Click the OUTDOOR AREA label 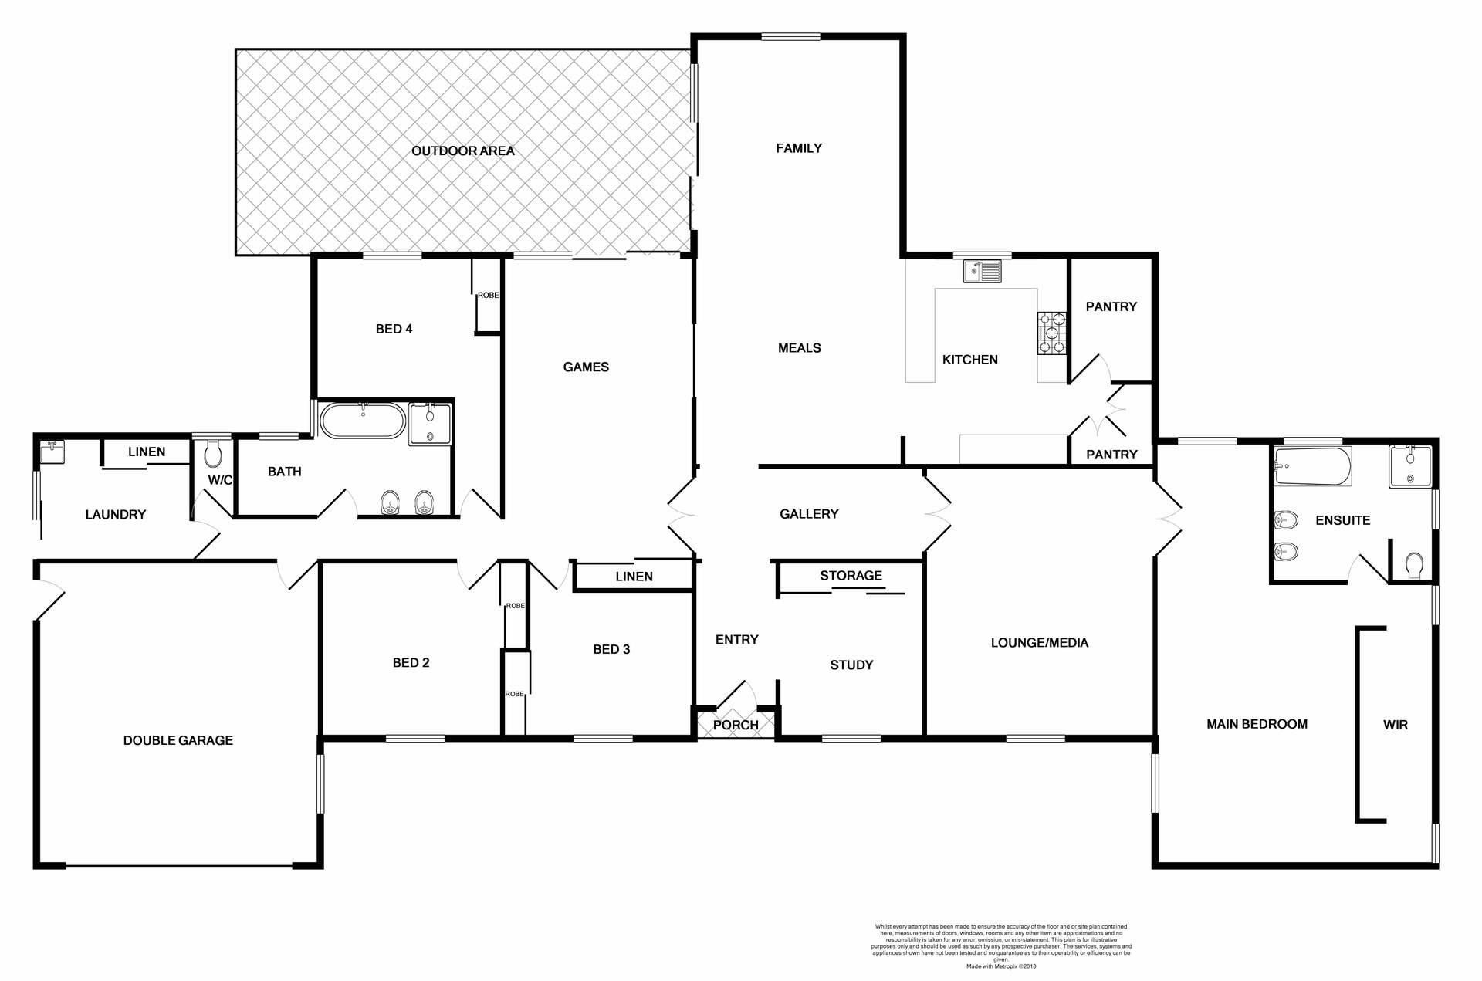click(462, 151)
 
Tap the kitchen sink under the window click(982, 272)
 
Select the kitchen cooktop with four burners click(1051, 333)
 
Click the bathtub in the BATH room click(362, 421)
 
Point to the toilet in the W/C click(213, 455)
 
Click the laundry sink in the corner click(52, 452)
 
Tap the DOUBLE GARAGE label click(178, 740)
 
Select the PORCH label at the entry click(735, 725)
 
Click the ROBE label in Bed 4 click(488, 296)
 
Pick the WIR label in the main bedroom click(1395, 725)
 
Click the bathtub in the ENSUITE click(1312, 466)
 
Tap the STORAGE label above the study click(851, 576)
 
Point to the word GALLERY click(808, 514)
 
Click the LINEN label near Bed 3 click(634, 577)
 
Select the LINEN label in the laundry click(146, 452)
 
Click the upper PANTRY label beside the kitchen click(1111, 306)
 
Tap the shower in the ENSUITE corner click(1410, 466)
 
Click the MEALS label click(799, 348)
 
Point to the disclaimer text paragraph click(1001, 945)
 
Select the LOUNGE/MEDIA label click(1039, 642)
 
